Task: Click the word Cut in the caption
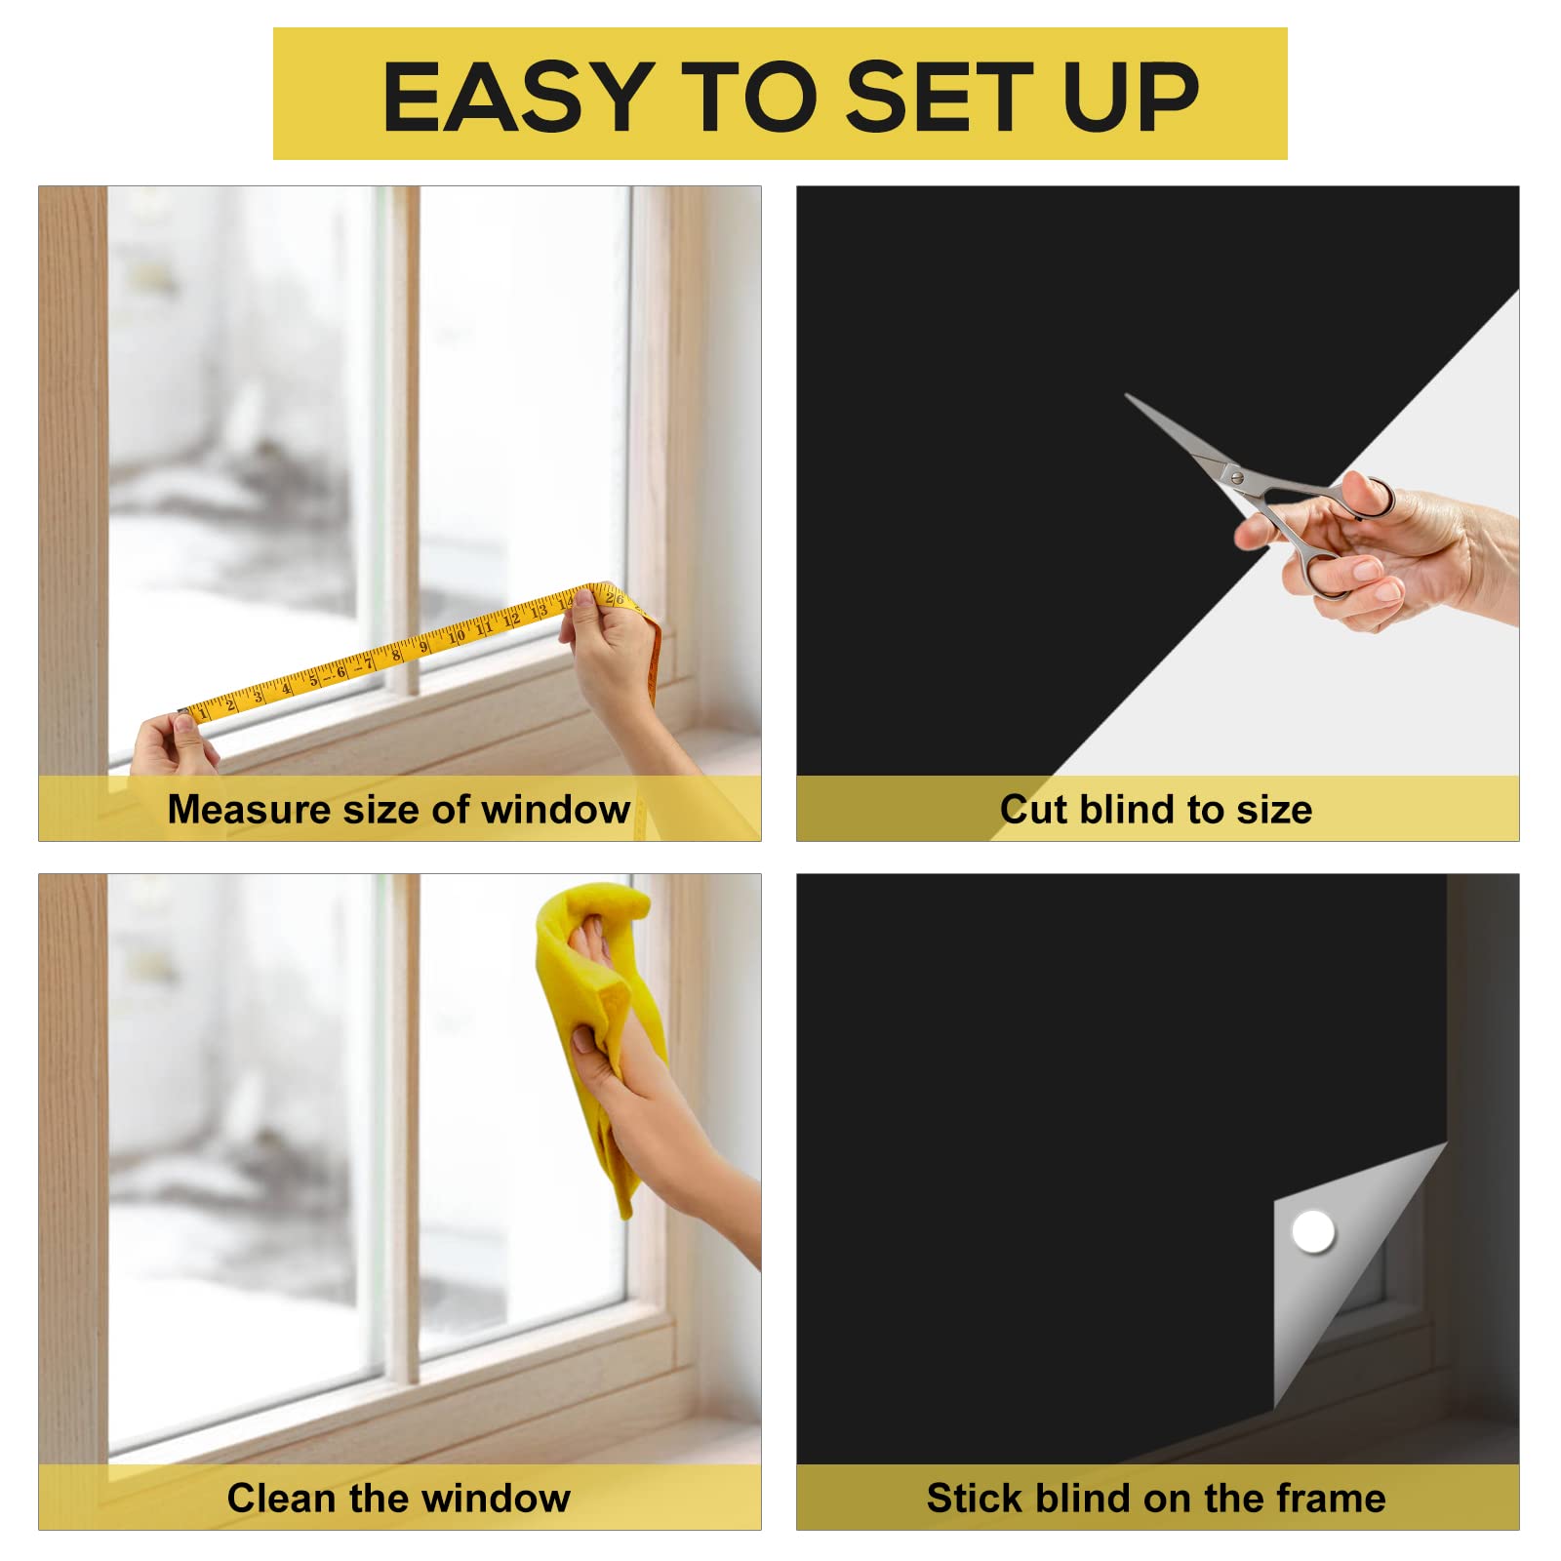(x=1033, y=810)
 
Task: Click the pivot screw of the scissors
(x=1236, y=477)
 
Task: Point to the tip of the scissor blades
(x=1129, y=396)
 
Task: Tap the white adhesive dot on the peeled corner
(x=1312, y=1231)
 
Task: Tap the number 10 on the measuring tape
(x=456, y=636)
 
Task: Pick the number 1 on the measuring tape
(x=204, y=713)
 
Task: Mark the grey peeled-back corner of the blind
(x=1337, y=1268)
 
